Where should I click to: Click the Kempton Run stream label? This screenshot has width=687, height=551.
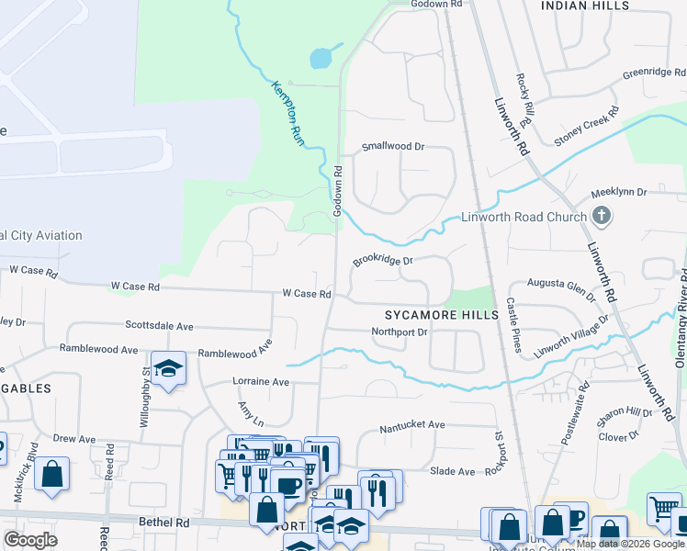point(287,111)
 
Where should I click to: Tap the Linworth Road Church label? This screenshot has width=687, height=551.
point(524,218)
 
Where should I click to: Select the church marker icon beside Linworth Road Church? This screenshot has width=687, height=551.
point(601,217)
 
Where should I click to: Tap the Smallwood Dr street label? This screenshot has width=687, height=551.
point(393,146)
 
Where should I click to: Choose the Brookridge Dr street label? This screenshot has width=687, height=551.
point(384,261)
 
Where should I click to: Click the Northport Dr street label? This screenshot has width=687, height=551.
point(400,332)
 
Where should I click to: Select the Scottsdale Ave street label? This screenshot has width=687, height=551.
point(159,326)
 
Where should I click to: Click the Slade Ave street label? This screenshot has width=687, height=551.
point(453,471)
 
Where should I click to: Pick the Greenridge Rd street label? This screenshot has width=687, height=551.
point(654,73)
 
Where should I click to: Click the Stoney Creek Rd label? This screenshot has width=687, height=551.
point(582,130)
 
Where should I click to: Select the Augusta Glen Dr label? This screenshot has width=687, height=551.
point(563,287)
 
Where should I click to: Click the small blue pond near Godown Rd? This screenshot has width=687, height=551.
point(321,59)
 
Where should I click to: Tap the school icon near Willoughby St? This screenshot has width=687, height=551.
point(169,369)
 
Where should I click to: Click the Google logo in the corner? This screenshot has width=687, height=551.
point(31,540)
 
